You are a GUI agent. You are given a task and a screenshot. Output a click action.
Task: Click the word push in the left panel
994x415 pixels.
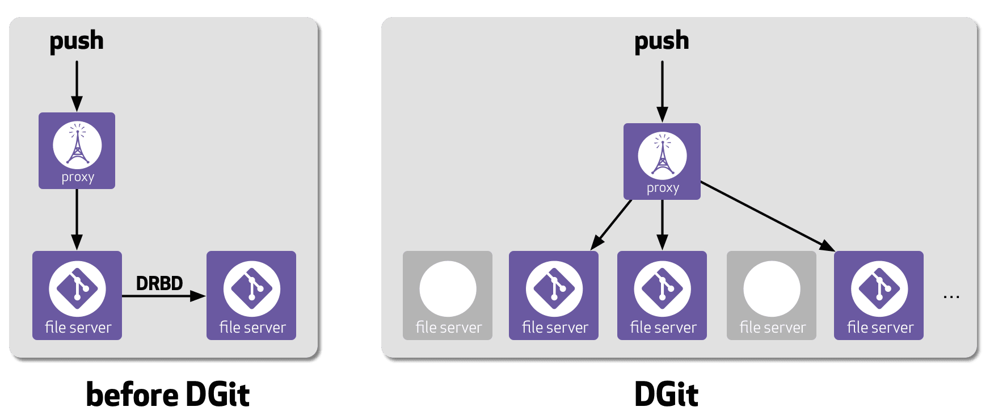[77, 41]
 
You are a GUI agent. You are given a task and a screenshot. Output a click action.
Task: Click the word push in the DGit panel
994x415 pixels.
[662, 41]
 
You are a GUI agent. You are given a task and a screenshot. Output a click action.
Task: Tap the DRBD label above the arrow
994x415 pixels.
[159, 283]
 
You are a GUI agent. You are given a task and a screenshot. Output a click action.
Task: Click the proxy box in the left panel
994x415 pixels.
[77, 150]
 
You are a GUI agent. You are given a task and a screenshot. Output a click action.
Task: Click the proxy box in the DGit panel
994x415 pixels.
[662, 161]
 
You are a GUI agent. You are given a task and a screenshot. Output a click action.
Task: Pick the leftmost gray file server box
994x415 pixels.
[448, 295]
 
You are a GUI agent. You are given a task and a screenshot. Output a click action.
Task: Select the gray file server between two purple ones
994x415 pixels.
[772, 295]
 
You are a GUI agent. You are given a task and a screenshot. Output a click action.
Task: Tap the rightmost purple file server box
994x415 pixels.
[879, 295]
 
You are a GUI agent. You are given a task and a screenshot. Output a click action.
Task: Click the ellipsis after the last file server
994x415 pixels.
[951, 296]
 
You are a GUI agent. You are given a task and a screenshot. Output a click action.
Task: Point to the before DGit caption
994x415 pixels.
[168, 395]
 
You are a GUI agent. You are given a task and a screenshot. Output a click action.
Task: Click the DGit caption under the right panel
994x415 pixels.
[667, 395]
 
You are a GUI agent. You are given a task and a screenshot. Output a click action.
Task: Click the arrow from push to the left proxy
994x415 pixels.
[77, 85]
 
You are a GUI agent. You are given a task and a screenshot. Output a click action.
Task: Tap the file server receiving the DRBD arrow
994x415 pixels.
[251, 295]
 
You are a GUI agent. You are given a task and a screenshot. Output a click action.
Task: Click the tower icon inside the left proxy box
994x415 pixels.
[77, 145]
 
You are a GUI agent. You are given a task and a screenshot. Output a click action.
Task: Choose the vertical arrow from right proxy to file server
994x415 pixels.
[662, 224]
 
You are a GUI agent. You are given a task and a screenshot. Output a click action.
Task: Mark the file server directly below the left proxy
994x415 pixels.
[77, 295]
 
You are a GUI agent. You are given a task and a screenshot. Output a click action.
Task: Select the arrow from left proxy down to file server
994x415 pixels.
[77, 219]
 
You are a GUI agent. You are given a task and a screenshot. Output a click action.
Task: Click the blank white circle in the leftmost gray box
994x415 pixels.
[448, 288]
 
